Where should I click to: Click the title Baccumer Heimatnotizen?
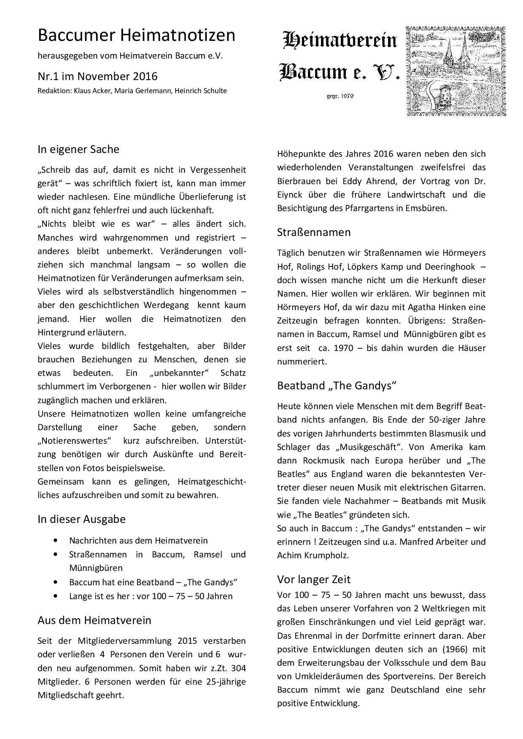tap(136, 35)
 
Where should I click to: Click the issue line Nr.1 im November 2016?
tap(97, 76)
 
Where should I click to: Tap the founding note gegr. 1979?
tap(340, 96)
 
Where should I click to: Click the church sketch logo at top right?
tap(456, 71)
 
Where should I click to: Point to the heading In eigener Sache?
tap(78, 149)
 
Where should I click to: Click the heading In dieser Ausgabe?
tap(81, 519)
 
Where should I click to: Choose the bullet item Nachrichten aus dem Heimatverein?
tap(138, 541)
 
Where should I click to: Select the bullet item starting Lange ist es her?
tap(151, 596)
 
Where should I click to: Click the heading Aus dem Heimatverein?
tap(94, 620)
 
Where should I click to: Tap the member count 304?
tap(239, 668)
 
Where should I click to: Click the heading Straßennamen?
tap(314, 232)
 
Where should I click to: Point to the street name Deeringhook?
tap(450, 267)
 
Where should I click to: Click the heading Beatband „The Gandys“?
tap(337, 386)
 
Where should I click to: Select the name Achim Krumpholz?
tap(313, 555)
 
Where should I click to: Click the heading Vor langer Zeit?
tap(314, 579)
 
